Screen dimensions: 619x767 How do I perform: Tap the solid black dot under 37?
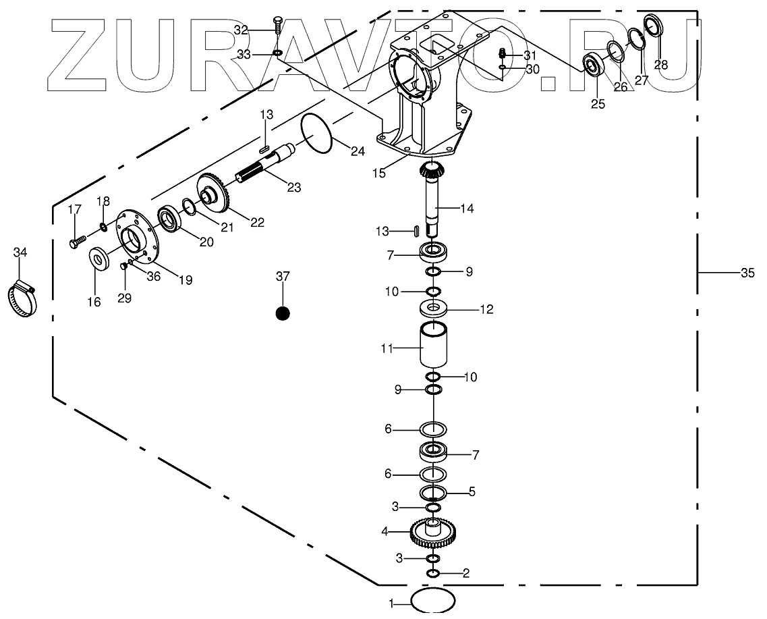point(283,313)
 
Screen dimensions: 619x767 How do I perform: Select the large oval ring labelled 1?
point(432,600)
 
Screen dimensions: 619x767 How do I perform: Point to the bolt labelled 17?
point(78,240)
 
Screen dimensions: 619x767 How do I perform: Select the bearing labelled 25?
point(594,65)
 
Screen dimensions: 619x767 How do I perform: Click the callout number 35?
point(747,273)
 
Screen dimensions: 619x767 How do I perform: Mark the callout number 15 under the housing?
point(379,173)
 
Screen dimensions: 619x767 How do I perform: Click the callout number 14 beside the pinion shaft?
point(467,209)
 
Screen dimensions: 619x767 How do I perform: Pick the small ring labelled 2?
point(433,573)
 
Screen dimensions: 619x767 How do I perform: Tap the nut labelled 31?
point(502,54)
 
